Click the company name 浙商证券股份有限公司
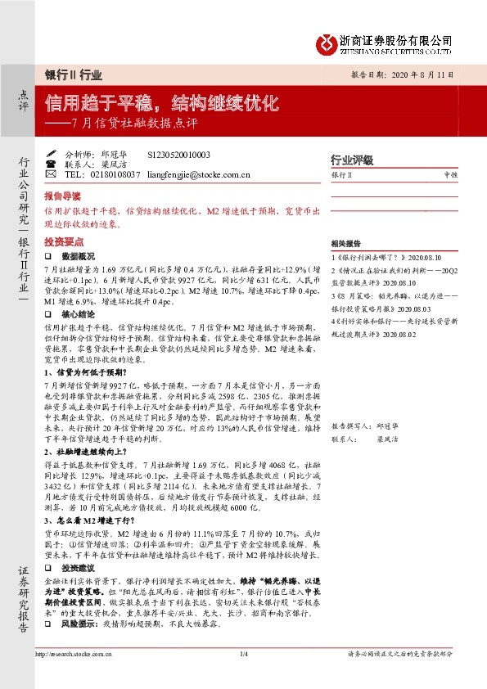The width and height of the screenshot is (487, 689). (397, 38)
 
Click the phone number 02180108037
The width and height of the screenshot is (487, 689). (113, 174)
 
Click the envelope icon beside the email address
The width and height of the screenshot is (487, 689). (50, 174)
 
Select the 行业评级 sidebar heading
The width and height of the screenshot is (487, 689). (351, 160)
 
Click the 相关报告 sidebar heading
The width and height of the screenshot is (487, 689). (345, 244)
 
